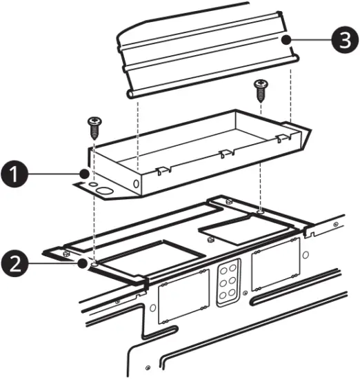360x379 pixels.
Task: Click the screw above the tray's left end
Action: [94, 127]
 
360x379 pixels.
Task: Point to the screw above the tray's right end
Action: [261, 88]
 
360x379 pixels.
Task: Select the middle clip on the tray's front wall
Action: [222, 154]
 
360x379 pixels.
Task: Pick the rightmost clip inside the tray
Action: [279, 139]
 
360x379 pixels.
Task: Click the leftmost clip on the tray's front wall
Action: [161, 168]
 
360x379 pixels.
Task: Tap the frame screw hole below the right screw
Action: [260, 210]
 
